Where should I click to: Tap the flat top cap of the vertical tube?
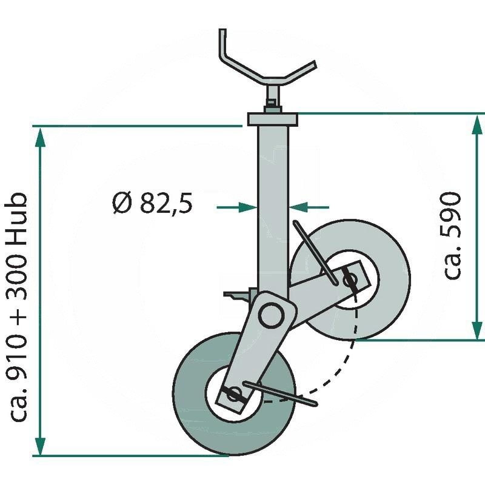pyautogui.click(x=273, y=119)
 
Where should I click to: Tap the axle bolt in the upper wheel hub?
pyautogui.click(x=350, y=281)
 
